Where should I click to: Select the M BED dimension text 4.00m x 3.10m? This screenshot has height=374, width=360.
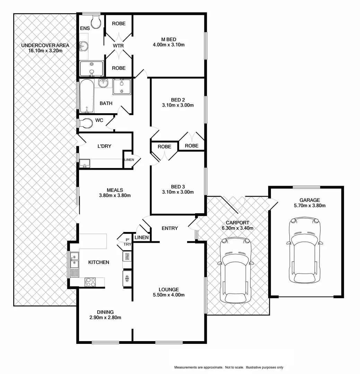pyautogui.click(x=168, y=45)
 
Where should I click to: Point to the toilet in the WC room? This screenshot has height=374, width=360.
pyautogui.click(x=86, y=123)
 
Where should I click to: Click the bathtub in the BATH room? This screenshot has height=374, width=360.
pyautogui.click(x=87, y=96)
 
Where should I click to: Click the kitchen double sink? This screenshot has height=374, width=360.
pyautogui.click(x=74, y=260)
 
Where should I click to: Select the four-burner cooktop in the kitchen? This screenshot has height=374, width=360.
pyautogui.click(x=90, y=282)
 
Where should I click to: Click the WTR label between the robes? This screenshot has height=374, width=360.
pyautogui.click(x=118, y=46)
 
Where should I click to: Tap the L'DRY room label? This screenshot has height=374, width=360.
pyautogui.click(x=104, y=146)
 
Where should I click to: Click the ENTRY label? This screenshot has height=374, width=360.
pyautogui.click(x=170, y=228)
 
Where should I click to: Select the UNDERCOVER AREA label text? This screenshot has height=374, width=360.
pyautogui.click(x=45, y=45)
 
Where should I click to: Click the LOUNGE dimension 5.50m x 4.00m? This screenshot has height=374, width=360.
pyautogui.click(x=169, y=295)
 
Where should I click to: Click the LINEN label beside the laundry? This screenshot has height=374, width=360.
pyautogui.click(x=129, y=160)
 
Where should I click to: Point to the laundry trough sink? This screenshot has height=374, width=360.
pyautogui.click(x=85, y=163)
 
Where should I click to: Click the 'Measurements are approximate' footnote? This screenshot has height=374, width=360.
pyautogui.click(x=229, y=367)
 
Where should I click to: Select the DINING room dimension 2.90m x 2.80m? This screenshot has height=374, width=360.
pyautogui.click(x=105, y=317)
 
